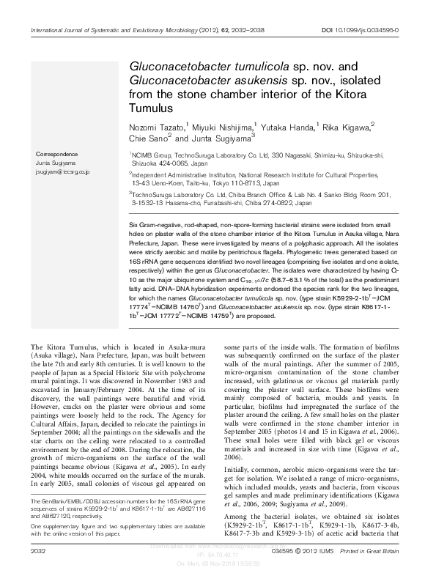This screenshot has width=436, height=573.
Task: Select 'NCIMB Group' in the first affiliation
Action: tap(151, 155)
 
